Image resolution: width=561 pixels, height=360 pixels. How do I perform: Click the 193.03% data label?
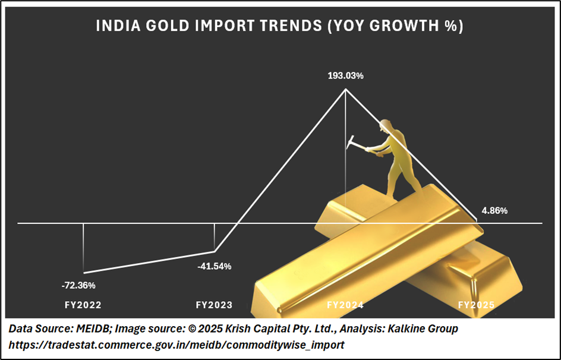point(345,76)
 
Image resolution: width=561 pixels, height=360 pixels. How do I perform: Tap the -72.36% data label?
point(78,285)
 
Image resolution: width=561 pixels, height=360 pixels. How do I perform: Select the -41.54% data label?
point(214,266)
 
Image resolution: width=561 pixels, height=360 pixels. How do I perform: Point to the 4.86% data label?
point(494,210)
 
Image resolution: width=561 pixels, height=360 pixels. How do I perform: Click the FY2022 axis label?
point(83,305)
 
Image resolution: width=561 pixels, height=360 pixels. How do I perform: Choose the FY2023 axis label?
point(214,305)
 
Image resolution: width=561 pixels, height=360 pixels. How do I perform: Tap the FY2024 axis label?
point(345,305)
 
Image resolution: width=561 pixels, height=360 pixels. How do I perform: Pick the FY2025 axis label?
point(476,305)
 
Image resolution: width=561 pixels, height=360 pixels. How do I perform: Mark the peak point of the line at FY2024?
point(345,90)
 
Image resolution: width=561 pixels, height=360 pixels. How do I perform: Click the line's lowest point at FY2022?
point(83,273)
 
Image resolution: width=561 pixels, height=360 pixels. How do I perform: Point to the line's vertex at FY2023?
point(214,251)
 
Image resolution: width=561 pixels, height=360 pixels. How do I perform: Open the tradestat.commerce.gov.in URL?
point(176,344)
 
